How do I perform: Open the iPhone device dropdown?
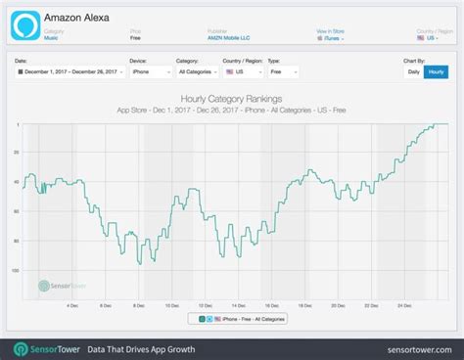point(151,72)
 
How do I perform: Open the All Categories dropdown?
point(198,72)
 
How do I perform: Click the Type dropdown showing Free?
point(287,72)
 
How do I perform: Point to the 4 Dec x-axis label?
point(71,305)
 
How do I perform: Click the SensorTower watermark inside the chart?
point(59,287)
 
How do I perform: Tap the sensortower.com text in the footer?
point(413,349)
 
